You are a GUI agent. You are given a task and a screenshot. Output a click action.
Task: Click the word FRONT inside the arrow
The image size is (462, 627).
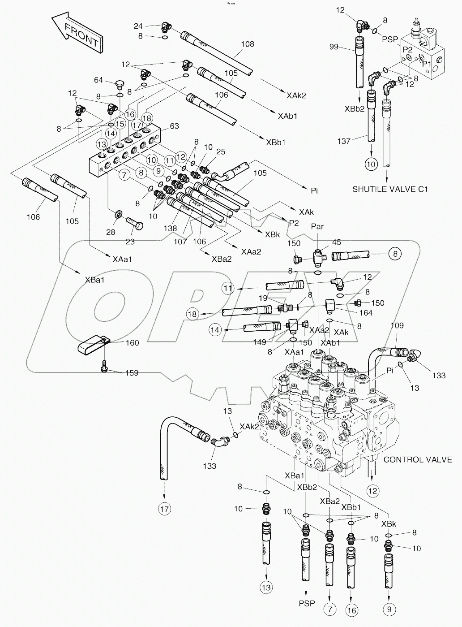pos(81,35)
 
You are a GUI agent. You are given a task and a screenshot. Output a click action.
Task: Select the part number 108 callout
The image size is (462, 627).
pos(247,44)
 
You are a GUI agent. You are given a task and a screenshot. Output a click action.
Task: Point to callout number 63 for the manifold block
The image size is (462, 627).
pos(174,126)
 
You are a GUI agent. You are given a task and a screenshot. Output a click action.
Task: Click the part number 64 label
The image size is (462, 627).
pos(98,80)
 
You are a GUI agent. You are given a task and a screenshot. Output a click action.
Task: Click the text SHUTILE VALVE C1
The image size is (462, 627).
pos(390,189)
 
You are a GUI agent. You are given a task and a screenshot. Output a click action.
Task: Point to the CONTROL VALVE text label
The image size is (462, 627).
pos(418,459)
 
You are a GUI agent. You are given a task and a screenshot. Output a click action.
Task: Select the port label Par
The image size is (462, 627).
pos(317,227)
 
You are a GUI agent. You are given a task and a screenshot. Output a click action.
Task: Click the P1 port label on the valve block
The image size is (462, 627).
pos(426,64)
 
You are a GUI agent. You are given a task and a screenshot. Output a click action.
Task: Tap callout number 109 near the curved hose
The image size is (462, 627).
pos(397,326)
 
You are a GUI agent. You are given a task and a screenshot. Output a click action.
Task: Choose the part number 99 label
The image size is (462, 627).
pos(344,47)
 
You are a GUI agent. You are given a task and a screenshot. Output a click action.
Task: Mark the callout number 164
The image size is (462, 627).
pos(366,313)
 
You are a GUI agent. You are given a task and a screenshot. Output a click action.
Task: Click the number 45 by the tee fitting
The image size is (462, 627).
pos(336,242)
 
